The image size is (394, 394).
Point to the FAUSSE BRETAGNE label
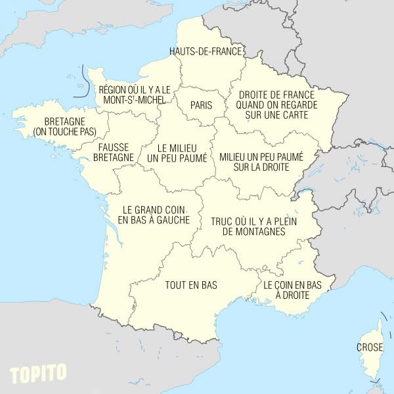(114, 152)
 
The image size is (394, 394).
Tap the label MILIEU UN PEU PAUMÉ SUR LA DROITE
(261, 162)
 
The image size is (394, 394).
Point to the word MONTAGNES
(254, 232)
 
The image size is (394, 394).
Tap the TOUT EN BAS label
(191, 285)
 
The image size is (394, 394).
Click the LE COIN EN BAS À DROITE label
(292, 290)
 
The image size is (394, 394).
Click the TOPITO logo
(38, 373)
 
